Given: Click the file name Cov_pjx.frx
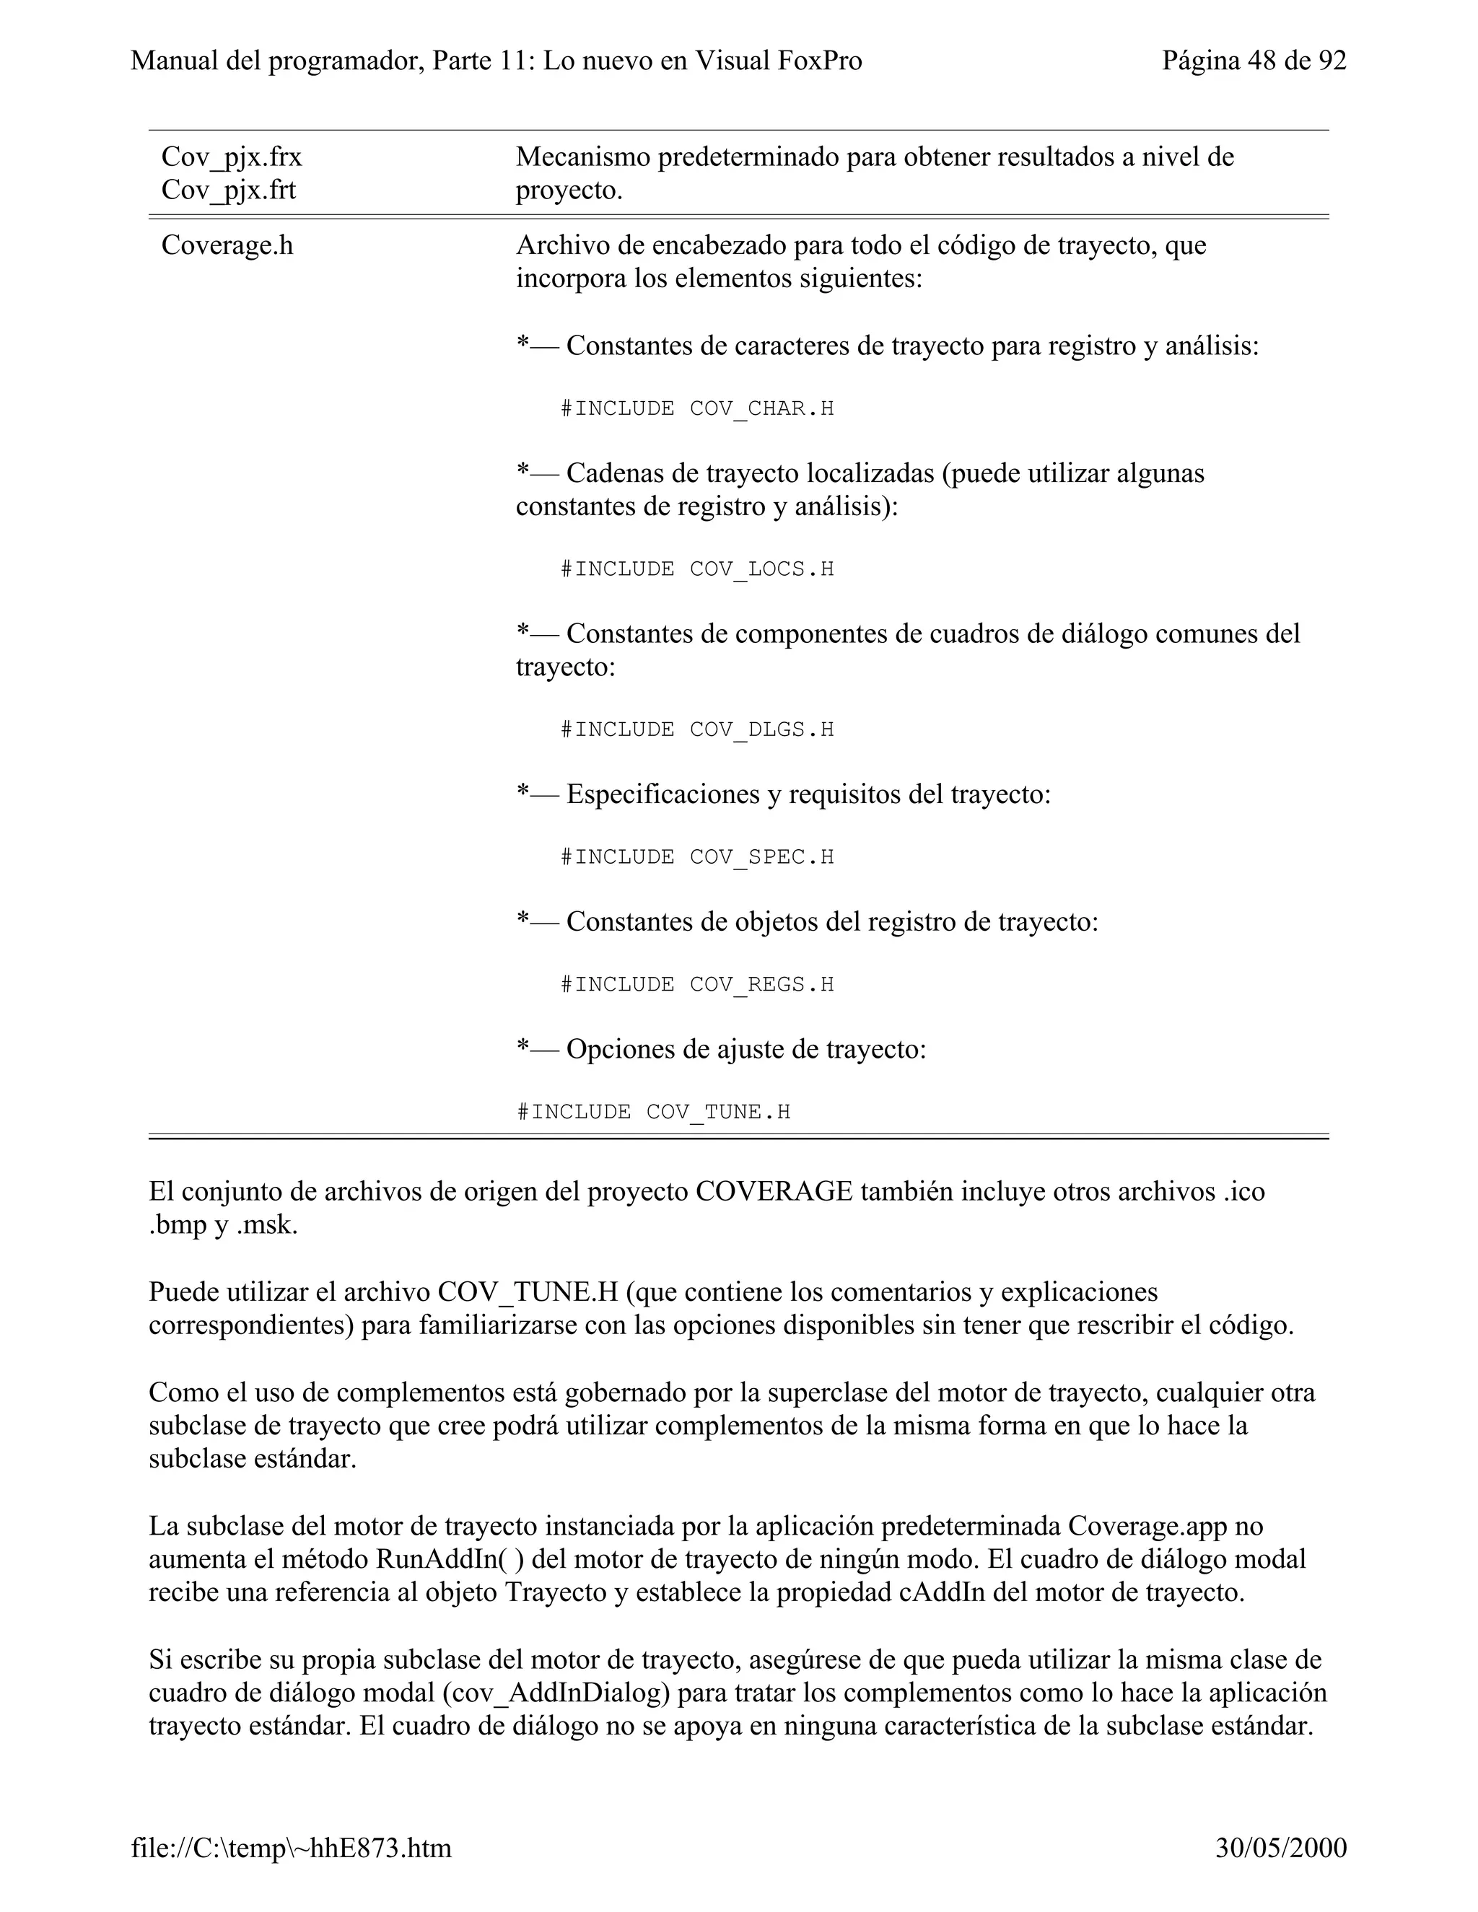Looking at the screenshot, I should [232, 157].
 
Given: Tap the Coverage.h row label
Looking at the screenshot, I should [227, 246].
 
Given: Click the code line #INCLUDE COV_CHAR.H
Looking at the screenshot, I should [697, 409].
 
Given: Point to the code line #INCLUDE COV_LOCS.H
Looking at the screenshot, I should [697, 569].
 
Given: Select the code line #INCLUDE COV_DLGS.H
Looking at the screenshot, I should [697, 729].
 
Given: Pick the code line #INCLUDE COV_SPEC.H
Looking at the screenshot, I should [697, 856].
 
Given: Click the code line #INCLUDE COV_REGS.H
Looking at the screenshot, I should [697, 984].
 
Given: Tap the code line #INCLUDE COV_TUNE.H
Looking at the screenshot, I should [653, 1112].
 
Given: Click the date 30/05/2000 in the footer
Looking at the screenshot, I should [1281, 1848].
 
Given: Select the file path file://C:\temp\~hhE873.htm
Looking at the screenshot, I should [292, 1848].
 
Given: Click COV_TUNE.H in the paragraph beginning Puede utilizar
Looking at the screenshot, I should [528, 1292].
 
